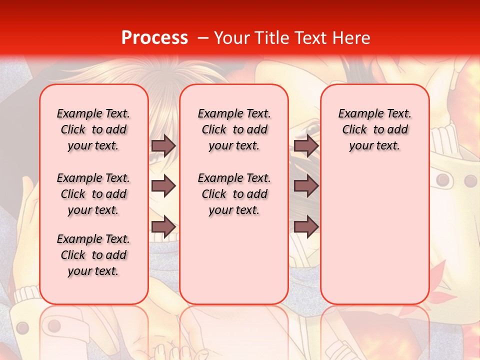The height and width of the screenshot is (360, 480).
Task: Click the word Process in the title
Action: [x=154, y=38]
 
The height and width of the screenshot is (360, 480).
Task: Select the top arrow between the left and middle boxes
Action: [x=163, y=145]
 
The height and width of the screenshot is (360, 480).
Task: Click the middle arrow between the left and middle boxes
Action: [x=163, y=186]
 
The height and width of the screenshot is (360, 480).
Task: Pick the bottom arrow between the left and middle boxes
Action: [x=163, y=227]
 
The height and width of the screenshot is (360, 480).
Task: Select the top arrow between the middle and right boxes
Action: [x=306, y=145]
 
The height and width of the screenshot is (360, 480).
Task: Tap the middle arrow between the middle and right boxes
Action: [x=306, y=186]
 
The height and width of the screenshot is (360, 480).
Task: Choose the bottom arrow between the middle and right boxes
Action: [x=306, y=227]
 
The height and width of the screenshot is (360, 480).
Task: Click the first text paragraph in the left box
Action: [x=93, y=129]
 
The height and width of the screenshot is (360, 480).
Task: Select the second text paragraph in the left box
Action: [x=93, y=194]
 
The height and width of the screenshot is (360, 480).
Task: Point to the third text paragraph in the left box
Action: [x=93, y=255]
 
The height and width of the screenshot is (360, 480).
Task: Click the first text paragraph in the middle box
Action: [x=234, y=129]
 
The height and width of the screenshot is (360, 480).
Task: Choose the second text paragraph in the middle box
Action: [x=234, y=194]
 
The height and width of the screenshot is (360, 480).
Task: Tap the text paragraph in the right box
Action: [x=375, y=129]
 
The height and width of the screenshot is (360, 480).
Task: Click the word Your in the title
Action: [x=233, y=38]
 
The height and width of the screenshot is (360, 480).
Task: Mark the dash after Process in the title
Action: [x=203, y=38]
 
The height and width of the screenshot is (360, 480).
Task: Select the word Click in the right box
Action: [x=354, y=130]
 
